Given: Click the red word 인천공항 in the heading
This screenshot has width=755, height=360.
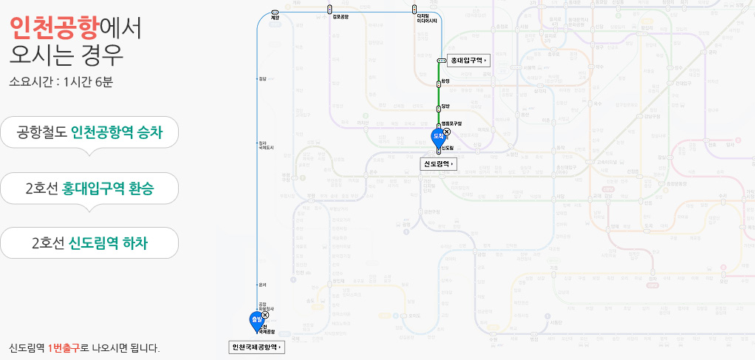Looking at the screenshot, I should coord(54,27).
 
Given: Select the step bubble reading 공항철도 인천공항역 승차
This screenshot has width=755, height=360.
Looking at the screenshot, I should coord(89,133).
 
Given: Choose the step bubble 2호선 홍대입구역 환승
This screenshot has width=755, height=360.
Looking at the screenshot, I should coord(89,189).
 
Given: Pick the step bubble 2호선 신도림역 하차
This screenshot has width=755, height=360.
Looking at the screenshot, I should coord(89,242).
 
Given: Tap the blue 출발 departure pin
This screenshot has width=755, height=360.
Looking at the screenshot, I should coord(256,322).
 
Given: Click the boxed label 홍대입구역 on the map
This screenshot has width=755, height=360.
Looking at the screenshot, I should coord(468,60).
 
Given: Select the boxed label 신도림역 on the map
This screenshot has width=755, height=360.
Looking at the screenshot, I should coord(439,163).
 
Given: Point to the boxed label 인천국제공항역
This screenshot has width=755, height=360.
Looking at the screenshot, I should coord(256,347).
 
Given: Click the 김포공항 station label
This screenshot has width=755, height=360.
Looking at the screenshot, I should coord(341,16).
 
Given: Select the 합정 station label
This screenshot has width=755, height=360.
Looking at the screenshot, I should coord(445,81).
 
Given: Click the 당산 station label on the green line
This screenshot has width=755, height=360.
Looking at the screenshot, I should coord(445,106).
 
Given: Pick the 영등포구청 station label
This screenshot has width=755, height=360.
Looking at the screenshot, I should coord(451,123).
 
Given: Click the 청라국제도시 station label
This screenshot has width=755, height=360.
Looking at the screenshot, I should coord(266,145).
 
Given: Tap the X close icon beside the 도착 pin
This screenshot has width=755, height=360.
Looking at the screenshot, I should coord(445,132).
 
